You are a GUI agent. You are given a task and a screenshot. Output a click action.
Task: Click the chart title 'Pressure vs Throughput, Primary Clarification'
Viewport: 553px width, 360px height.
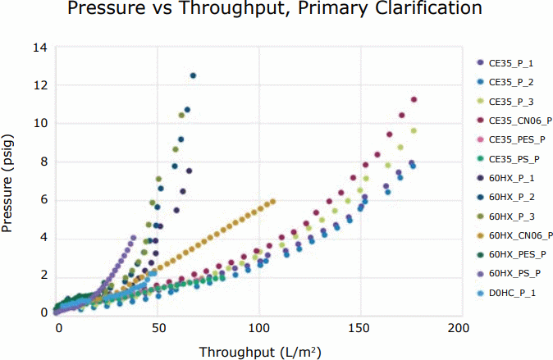point(276,11)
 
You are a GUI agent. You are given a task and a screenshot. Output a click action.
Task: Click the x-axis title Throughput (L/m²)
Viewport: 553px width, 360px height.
point(259,352)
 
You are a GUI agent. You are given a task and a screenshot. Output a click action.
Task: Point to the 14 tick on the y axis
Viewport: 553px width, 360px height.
point(39,48)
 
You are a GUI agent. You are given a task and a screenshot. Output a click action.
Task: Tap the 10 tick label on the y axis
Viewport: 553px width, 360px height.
point(39,124)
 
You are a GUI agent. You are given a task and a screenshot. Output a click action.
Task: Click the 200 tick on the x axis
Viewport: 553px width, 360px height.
point(459,327)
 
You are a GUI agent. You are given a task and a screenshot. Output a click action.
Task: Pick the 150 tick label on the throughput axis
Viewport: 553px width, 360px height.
point(359,327)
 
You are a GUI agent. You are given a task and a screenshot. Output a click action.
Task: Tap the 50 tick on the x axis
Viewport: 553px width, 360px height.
point(159,327)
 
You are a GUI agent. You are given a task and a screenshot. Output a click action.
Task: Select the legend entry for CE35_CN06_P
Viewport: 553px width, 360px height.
point(518,121)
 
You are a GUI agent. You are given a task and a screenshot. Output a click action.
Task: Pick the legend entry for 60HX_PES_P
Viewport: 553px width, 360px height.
point(518,253)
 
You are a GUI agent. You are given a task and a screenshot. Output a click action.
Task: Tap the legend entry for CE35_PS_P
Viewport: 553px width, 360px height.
point(514,158)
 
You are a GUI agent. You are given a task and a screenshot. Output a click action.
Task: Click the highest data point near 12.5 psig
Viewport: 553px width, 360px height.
point(194,75)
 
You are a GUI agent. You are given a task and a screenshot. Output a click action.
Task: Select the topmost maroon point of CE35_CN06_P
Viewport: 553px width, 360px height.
point(414,100)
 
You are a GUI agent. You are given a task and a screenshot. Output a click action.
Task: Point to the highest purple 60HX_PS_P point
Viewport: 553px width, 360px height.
point(134,238)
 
